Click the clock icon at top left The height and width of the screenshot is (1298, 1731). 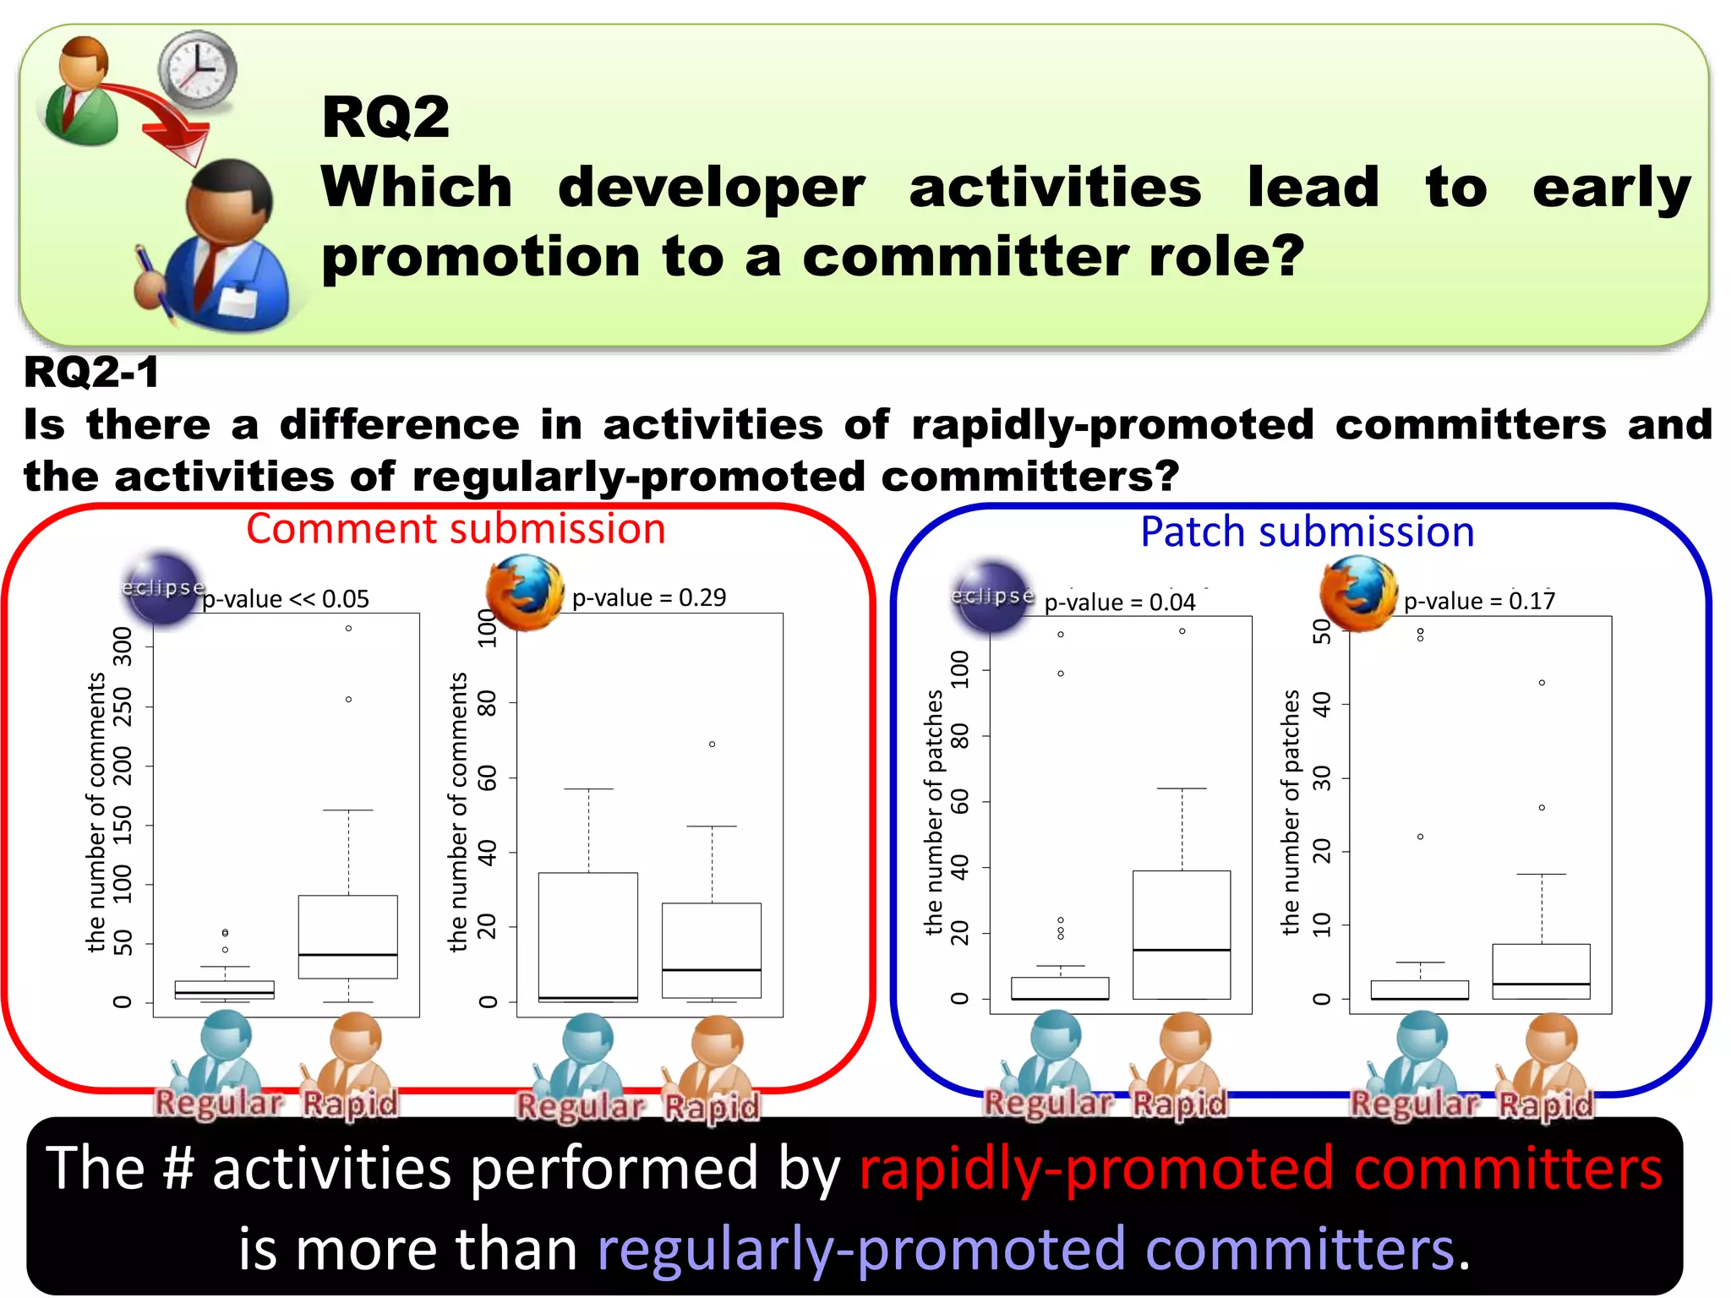(x=198, y=69)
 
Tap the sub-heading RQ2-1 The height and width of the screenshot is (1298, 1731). (x=91, y=372)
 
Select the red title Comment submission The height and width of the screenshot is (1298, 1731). (x=456, y=529)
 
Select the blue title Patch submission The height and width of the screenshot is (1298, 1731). (x=1307, y=532)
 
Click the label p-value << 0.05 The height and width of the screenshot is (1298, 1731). (x=286, y=599)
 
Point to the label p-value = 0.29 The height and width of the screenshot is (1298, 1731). (x=648, y=597)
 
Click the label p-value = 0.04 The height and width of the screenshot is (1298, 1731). (x=1119, y=603)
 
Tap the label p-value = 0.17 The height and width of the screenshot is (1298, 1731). (x=1478, y=601)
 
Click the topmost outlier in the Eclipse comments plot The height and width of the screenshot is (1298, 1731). (x=348, y=628)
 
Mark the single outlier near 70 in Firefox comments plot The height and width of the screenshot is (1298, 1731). (x=712, y=744)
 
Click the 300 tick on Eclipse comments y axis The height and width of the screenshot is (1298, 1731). (x=123, y=646)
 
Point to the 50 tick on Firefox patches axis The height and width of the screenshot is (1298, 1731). (x=1322, y=630)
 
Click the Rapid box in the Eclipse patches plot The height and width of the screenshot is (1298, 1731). (x=1182, y=934)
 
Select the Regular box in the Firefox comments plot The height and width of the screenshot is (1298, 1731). (x=588, y=936)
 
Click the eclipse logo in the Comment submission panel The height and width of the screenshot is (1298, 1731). (x=161, y=588)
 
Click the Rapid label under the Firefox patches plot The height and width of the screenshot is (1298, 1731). (x=1546, y=1104)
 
